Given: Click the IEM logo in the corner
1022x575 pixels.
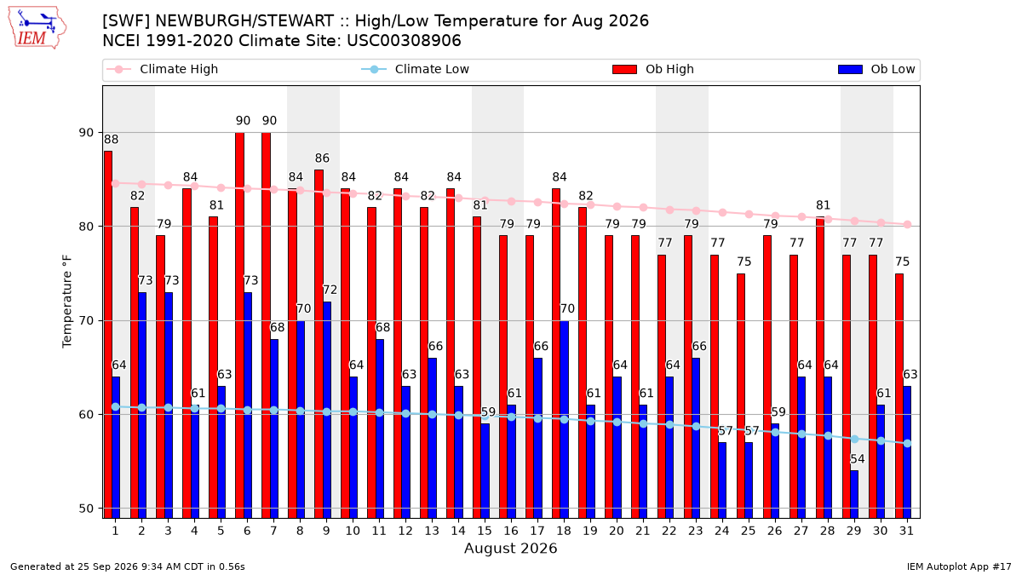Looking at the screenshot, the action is (x=37, y=28).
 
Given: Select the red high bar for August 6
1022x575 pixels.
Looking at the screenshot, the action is (x=239, y=325).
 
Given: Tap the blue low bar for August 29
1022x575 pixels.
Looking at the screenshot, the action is (x=854, y=494).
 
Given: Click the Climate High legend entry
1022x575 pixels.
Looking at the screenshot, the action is (x=163, y=69).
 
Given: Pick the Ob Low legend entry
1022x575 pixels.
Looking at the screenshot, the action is (x=876, y=69).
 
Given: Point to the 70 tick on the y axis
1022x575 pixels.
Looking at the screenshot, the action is (x=86, y=321).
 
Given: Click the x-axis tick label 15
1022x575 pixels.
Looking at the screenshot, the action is (x=485, y=531).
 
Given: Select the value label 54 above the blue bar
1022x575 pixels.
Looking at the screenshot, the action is (x=858, y=459).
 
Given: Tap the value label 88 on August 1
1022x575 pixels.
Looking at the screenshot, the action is (x=111, y=139).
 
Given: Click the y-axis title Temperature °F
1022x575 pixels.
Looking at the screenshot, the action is (x=67, y=302).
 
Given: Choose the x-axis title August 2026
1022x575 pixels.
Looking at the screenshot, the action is (x=510, y=548).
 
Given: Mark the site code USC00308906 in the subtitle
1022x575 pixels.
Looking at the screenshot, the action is (x=404, y=41).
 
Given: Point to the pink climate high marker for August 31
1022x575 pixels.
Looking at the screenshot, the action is (x=907, y=225).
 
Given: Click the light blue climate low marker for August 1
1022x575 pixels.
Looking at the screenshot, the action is (x=116, y=406).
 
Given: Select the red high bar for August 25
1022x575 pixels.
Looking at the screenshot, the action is (x=740, y=396).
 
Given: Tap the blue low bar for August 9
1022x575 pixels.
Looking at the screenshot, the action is (x=327, y=411).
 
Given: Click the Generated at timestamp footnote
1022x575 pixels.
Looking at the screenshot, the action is (x=127, y=566).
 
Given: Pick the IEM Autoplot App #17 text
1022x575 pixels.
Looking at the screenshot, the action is (x=959, y=566).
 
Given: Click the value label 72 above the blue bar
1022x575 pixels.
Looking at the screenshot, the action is (x=330, y=290).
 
